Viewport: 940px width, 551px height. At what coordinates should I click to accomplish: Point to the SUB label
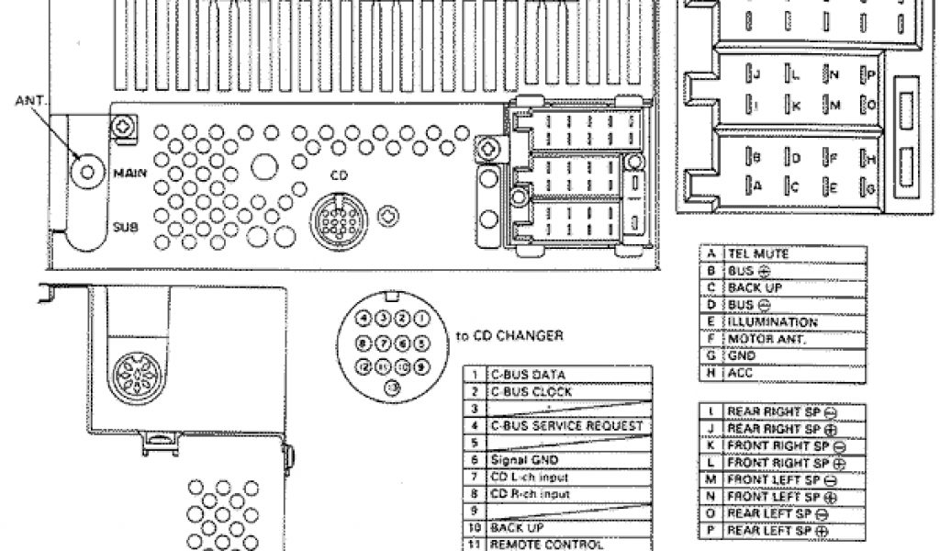tap(126, 224)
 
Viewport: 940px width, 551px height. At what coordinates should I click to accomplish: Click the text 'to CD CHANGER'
tap(509, 336)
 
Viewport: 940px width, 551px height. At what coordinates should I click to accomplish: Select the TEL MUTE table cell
tap(758, 253)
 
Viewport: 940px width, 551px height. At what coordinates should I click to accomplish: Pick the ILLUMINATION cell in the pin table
tap(771, 322)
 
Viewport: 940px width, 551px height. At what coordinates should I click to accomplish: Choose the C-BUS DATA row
tap(528, 375)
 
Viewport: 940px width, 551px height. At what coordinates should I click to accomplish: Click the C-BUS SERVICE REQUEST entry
tap(566, 426)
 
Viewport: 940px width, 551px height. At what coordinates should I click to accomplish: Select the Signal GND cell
tap(524, 460)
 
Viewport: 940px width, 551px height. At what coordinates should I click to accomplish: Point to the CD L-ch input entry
tap(530, 478)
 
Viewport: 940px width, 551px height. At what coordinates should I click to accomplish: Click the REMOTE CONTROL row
tap(537, 545)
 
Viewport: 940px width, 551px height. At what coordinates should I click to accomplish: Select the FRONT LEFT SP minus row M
tap(780, 479)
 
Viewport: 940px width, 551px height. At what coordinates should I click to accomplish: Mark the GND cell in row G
tap(741, 356)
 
